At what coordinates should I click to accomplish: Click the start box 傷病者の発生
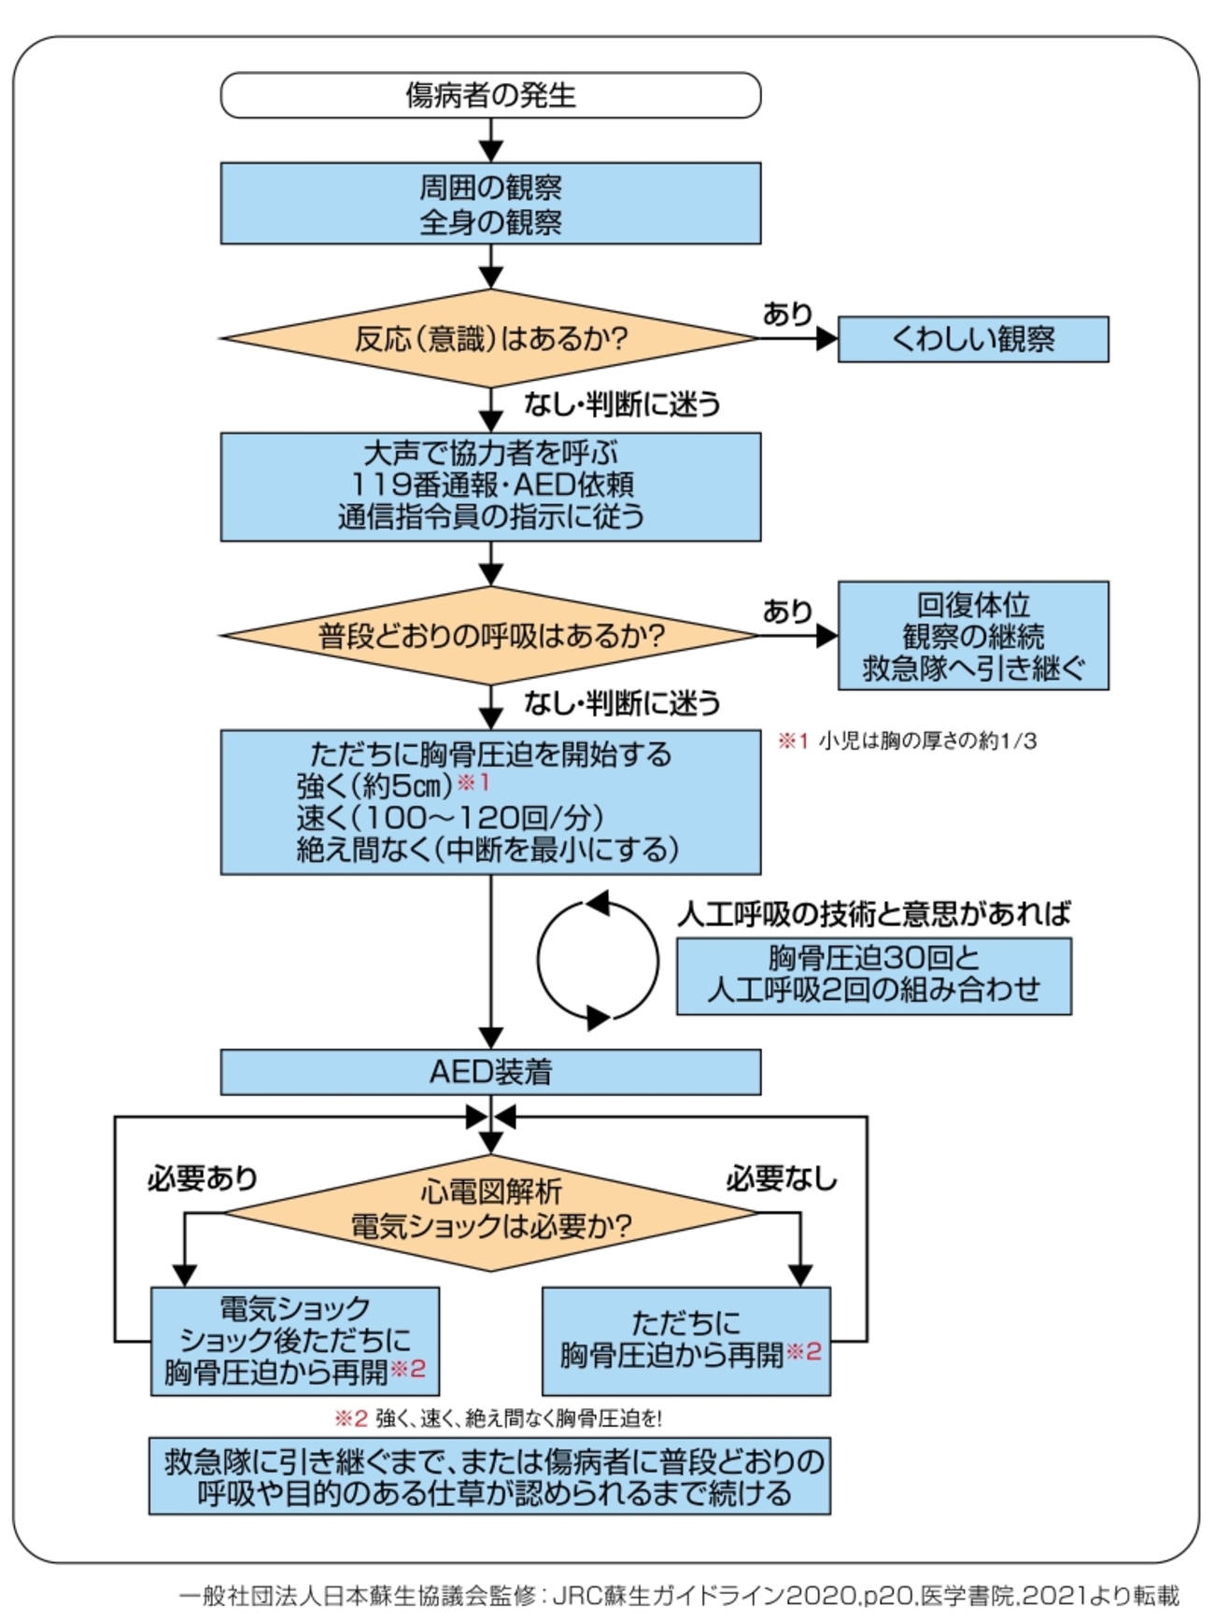490,95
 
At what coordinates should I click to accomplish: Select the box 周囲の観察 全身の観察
490,204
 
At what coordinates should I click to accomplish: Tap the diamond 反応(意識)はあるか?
490,338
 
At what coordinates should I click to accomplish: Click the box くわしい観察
973,339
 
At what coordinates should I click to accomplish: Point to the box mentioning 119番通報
490,486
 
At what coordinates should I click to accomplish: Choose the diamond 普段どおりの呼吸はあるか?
490,636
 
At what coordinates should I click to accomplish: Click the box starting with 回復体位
973,636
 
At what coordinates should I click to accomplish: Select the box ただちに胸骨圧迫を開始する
490,802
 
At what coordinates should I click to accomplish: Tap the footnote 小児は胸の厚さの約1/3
908,741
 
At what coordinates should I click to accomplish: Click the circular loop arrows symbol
598,960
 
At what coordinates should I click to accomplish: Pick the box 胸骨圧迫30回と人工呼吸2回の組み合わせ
873,976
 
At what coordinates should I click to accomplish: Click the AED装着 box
490,1072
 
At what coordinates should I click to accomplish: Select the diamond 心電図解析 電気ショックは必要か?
490,1212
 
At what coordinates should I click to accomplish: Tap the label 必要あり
202,1178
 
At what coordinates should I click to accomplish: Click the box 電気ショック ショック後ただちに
295,1341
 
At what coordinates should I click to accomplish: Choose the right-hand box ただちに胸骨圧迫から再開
686,1341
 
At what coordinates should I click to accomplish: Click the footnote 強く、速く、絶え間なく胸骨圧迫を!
499,1418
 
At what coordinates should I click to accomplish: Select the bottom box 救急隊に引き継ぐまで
490,1476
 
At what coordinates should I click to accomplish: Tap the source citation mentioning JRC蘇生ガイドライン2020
679,1595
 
